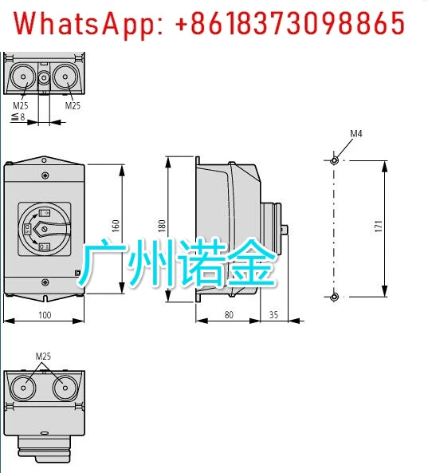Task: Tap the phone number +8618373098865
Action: click(289, 23)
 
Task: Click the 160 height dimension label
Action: click(116, 226)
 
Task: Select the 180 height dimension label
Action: click(162, 226)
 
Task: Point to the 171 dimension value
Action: click(379, 227)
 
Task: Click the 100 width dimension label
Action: click(45, 315)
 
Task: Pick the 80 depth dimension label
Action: click(229, 315)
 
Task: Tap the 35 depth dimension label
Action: click(273, 315)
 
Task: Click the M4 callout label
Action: click(356, 134)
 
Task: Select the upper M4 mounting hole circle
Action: click(334, 161)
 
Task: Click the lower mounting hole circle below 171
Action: click(334, 298)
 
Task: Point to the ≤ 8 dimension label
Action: click(18, 116)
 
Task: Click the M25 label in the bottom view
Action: click(43, 357)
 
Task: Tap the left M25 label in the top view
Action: click(21, 105)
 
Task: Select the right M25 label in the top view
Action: click(73, 105)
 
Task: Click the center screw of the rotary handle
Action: click(45, 229)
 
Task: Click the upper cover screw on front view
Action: click(45, 175)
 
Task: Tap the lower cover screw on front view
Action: click(45, 282)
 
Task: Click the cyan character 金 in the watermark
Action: click(251, 262)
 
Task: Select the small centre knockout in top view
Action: click(44, 78)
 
